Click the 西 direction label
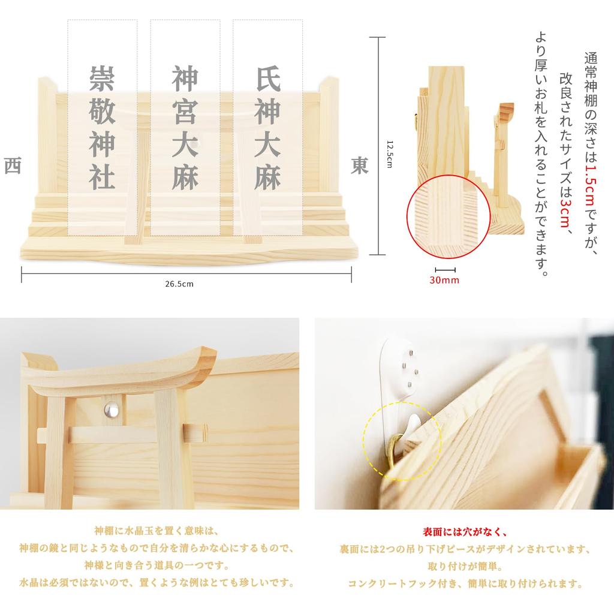(x=12, y=166)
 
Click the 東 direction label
(x=360, y=166)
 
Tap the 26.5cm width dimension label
(x=180, y=284)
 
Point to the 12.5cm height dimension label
(x=389, y=154)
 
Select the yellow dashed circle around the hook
(x=401, y=440)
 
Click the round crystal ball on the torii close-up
(x=112, y=410)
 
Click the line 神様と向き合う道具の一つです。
(x=157, y=565)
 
